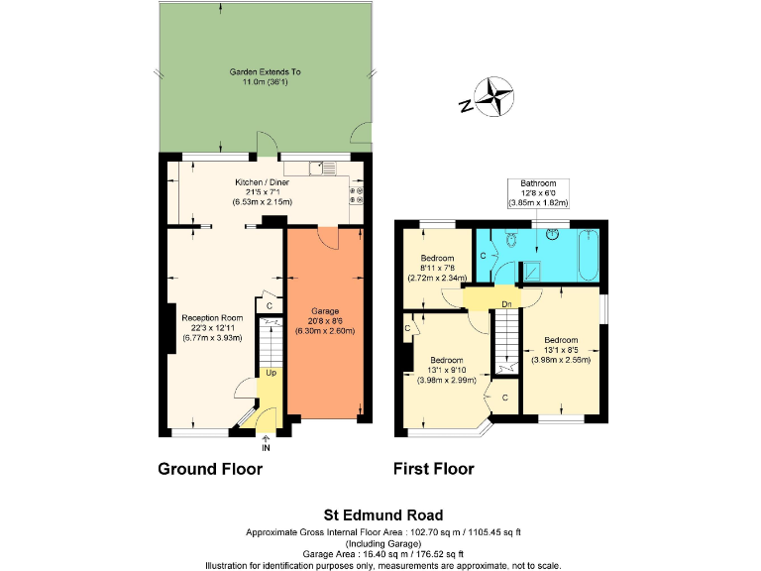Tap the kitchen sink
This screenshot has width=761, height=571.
click(322, 168)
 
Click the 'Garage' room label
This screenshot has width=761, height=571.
click(325, 310)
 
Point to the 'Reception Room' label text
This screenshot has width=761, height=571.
click(212, 317)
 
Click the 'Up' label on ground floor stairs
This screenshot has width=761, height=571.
click(270, 374)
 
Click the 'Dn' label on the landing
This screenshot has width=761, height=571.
click(505, 303)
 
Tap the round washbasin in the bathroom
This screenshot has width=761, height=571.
click(551, 235)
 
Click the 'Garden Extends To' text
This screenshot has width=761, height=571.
click(265, 72)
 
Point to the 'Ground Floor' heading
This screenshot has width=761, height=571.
click(210, 469)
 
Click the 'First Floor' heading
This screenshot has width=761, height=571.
click(433, 469)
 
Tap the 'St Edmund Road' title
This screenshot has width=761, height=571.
click(383, 514)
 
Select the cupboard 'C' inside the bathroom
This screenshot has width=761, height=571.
click(483, 255)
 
